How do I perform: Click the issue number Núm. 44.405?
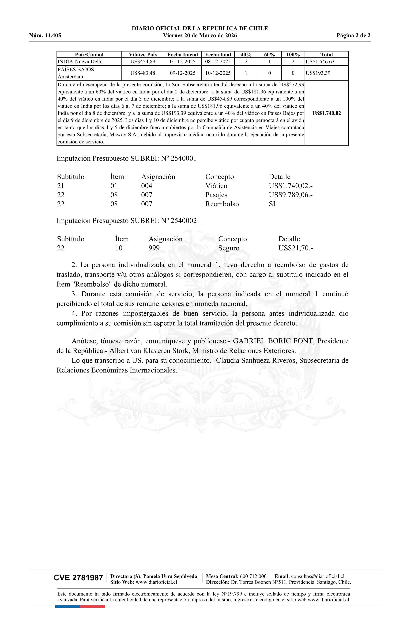coord(45,36)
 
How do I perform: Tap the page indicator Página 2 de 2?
coord(353,36)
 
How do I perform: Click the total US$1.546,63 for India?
coord(320,62)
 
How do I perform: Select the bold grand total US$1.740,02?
coord(326,113)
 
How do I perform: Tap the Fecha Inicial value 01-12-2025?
coord(183,62)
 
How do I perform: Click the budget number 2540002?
coord(183,221)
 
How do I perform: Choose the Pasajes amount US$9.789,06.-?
coord(291,195)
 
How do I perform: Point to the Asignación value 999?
coord(154,248)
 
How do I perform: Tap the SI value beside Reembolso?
coord(272,204)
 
